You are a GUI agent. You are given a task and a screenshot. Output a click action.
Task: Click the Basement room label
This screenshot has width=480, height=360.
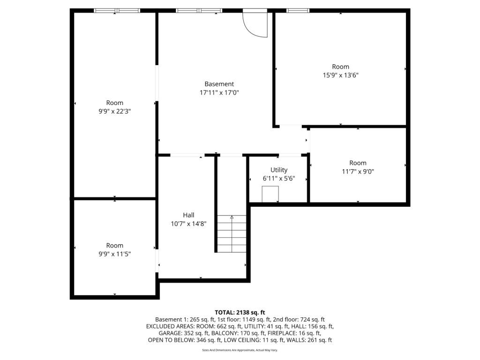coord(219,84)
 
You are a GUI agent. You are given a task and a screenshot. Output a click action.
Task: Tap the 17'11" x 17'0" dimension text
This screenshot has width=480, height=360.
coord(219,93)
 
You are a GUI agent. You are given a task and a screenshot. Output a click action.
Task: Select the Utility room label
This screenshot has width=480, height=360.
coord(279,170)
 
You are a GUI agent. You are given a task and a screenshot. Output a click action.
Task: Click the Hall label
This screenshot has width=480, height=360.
coord(189,215)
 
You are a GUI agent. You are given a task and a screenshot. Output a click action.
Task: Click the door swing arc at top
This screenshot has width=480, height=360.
coord(255,25)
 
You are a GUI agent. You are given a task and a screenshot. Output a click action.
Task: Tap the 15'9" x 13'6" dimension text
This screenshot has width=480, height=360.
coord(340,75)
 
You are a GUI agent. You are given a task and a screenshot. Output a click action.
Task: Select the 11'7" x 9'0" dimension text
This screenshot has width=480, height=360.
coord(358,172)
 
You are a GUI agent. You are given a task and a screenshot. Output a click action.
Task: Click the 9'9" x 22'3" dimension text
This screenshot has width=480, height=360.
coord(114,112)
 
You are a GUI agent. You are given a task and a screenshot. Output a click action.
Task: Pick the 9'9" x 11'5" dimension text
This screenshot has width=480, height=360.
coord(114,254)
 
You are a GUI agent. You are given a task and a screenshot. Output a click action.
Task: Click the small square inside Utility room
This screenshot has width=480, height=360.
coord(270,194)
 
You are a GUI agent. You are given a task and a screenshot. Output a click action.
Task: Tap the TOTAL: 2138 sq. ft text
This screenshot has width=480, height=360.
coord(240,312)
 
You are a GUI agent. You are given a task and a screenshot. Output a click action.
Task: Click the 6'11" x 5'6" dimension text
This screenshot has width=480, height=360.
coord(279,179)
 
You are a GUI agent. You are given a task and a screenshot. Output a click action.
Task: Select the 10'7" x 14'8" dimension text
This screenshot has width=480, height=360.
coord(189,224)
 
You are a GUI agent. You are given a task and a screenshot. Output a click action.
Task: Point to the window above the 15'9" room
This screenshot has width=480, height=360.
coord(298,10)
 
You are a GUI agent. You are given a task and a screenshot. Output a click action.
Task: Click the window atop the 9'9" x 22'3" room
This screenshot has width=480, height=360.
coord(117,10)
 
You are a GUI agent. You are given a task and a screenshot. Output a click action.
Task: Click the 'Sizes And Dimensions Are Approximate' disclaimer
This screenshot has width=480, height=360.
coord(240,350)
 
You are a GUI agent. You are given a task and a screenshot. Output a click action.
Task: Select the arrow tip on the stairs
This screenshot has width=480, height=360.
coord(232,217)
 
